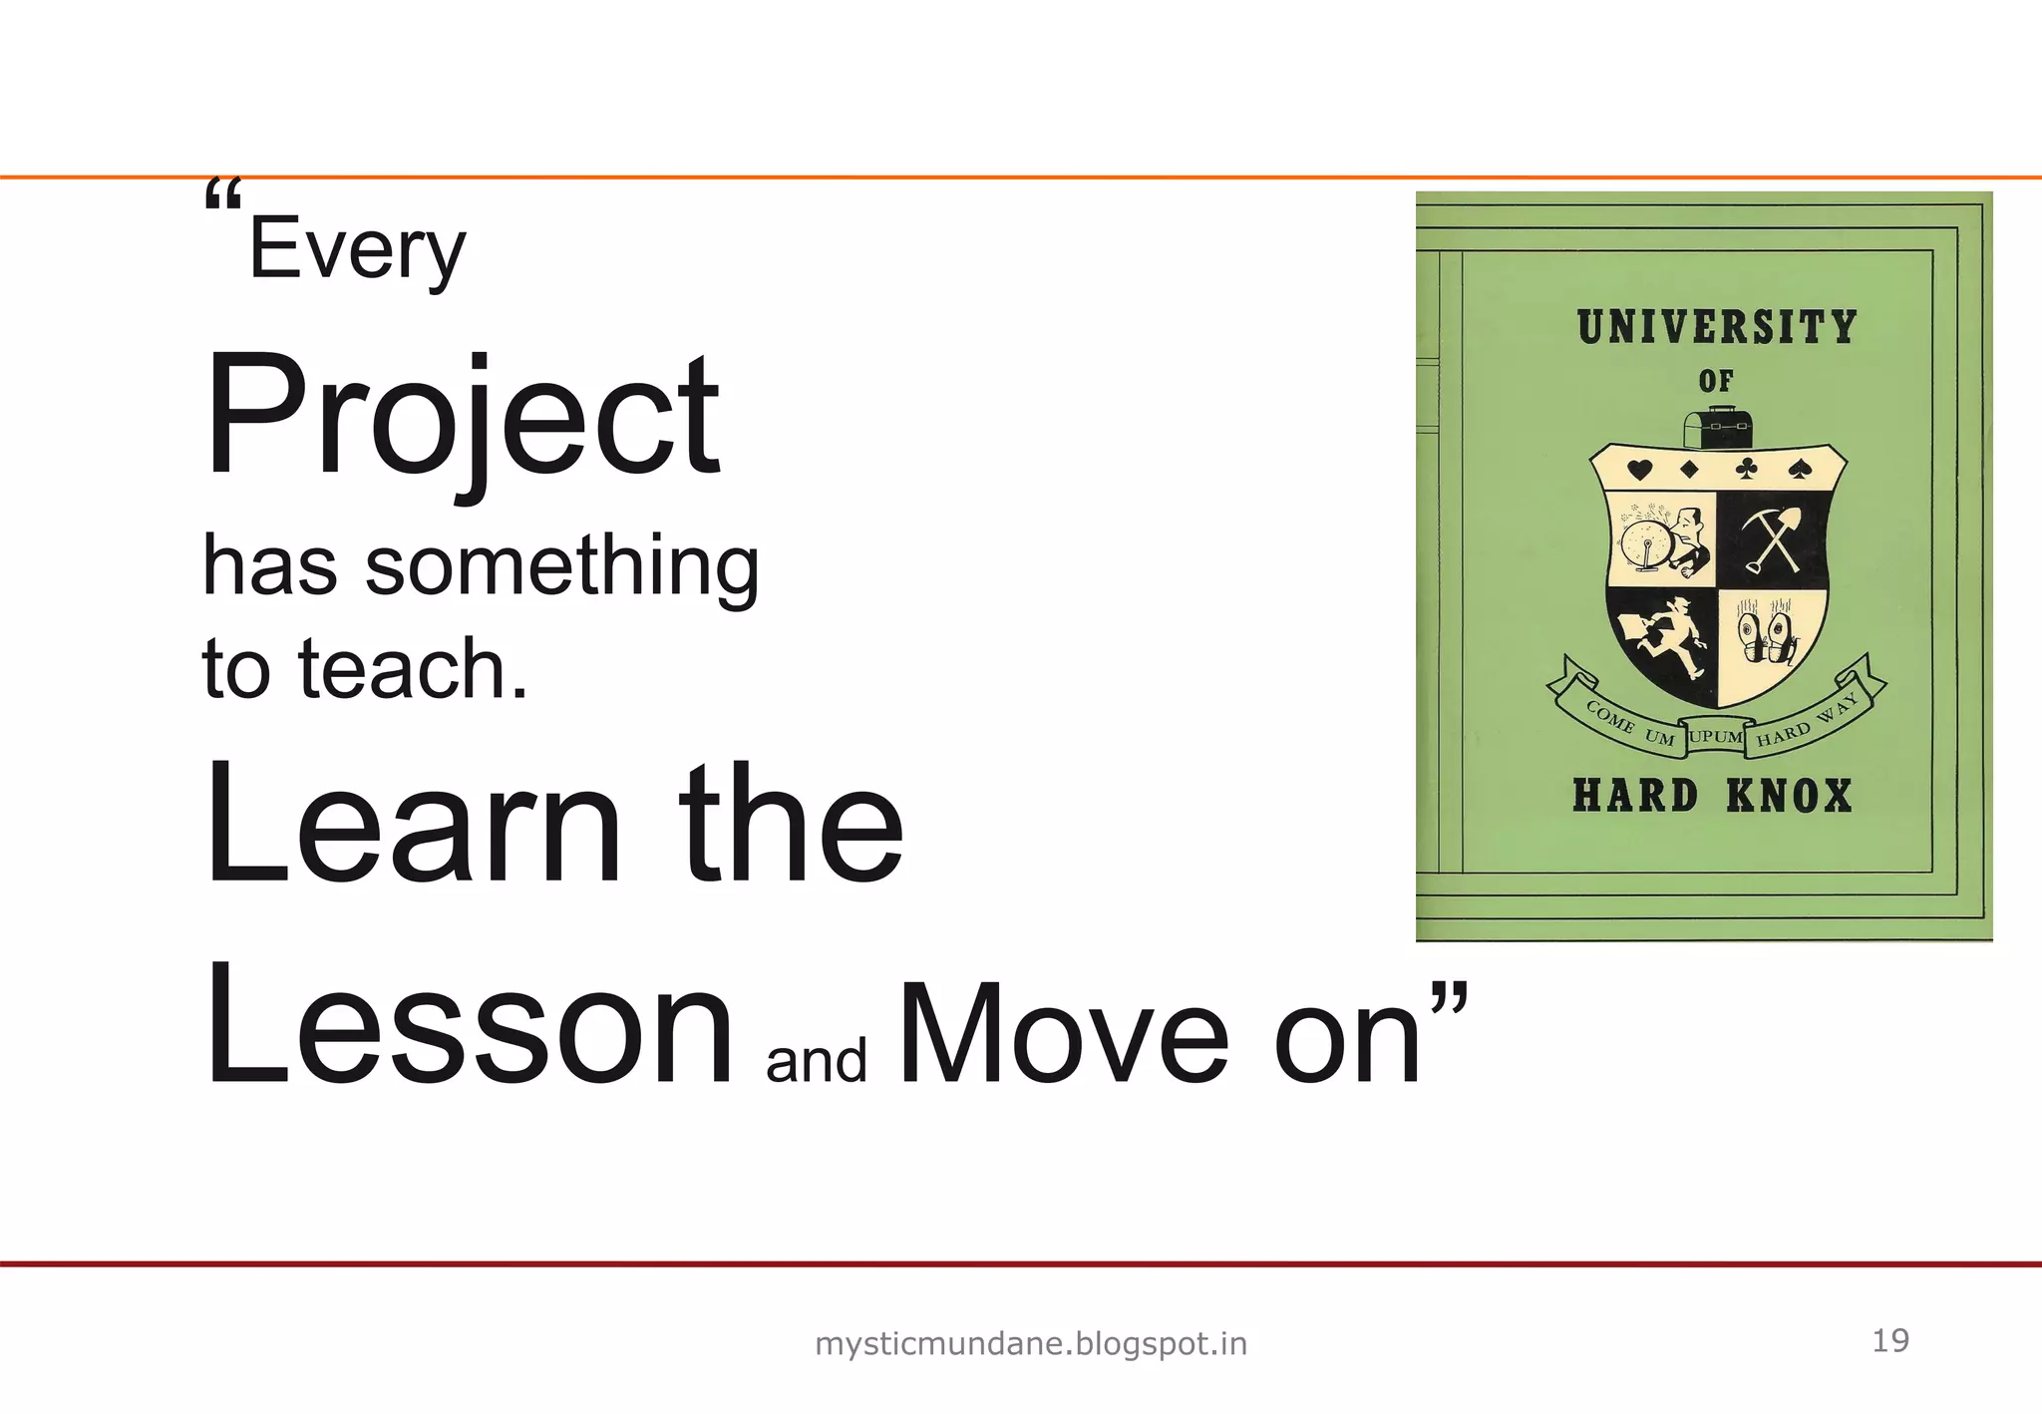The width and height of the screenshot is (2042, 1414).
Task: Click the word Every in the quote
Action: (357, 249)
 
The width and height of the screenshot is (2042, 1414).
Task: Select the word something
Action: (561, 566)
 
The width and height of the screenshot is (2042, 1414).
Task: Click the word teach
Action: (412, 668)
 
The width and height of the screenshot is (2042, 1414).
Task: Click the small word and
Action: (816, 1060)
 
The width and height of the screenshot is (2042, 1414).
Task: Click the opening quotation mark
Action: (222, 195)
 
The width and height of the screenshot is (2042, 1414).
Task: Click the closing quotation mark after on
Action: (1449, 997)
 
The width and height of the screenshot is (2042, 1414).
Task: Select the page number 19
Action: (1890, 1340)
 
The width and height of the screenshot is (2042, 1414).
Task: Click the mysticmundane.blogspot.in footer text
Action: (1031, 1344)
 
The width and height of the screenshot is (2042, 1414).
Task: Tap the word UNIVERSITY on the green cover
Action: (1717, 327)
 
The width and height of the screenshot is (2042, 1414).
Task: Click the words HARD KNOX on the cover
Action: (1712, 796)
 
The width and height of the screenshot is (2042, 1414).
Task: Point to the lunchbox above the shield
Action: (1717, 428)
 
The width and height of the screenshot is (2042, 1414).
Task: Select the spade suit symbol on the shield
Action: (1798, 469)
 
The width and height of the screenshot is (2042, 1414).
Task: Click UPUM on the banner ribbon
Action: (1716, 736)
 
